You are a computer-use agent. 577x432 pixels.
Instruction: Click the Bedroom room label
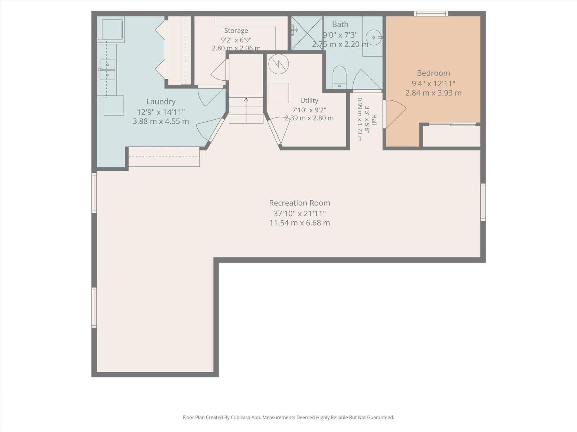click(x=433, y=73)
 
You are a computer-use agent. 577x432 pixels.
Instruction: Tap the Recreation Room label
click(x=299, y=203)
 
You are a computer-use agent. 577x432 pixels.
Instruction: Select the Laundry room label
click(x=161, y=102)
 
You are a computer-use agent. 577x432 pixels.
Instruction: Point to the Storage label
click(x=236, y=31)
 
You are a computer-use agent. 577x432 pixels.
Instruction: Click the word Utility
click(x=309, y=100)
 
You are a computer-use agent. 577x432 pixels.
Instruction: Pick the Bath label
click(x=340, y=24)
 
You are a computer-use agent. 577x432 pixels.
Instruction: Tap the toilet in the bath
click(x=339, y=77)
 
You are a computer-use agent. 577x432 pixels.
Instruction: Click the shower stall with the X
click(x=307, y=33)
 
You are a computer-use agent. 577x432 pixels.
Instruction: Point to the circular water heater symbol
click(x=279, y=64)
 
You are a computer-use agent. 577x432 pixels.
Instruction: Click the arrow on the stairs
click(x=246, y=111)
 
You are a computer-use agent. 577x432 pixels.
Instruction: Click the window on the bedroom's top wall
click(x=431, y=14)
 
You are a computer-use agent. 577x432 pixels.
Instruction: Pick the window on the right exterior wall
click(x=483, y=202)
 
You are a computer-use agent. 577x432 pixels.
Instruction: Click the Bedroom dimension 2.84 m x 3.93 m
click(x=433, y=93)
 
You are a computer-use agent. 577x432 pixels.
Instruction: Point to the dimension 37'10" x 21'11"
click(x=299, y=213)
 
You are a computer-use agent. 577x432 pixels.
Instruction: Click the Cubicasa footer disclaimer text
click(x=288, y=417)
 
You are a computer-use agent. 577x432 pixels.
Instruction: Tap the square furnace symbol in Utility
click(x=279, y=93)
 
